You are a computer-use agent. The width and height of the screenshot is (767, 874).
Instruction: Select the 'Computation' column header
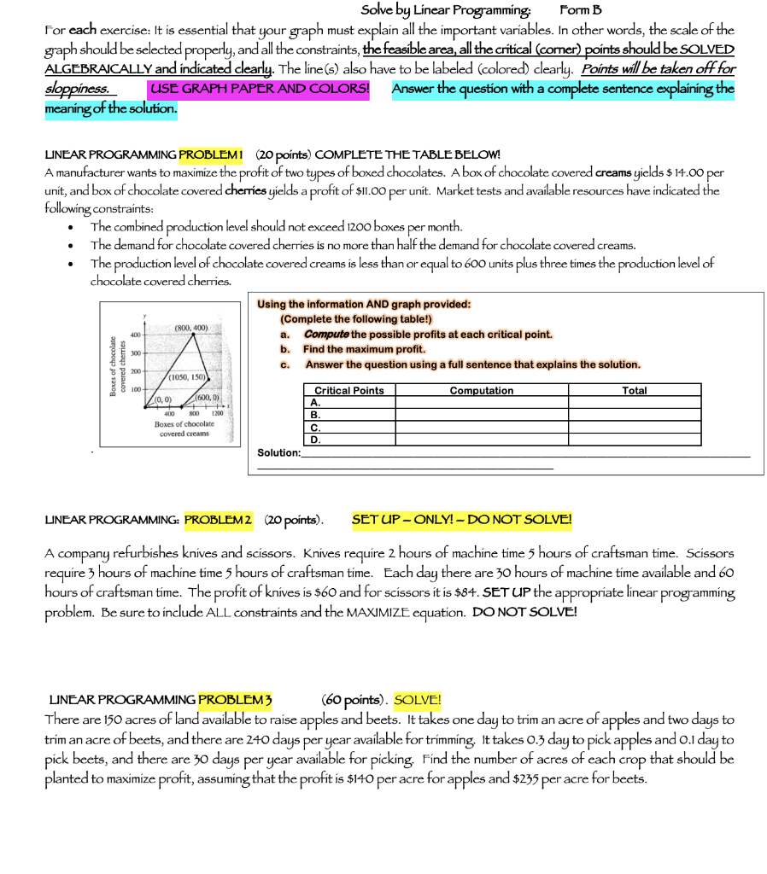click(x=482, y=391)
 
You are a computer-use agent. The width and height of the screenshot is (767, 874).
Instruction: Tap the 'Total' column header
click(x=635, y=391)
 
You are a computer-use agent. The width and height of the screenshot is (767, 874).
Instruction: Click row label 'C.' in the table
click(x=315, y=428)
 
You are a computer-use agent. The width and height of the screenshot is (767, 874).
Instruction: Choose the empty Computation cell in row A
click(x=482, y=403)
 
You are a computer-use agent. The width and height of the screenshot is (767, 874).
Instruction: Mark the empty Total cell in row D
click(x=635, y=440)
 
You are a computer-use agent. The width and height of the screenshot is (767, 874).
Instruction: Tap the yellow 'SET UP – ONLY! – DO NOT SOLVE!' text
click(x=461, y=520)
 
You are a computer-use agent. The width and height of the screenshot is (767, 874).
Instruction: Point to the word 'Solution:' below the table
click(x=278, y=452)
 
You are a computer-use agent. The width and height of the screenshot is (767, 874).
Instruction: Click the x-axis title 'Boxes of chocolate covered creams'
click(x=184, y=429)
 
